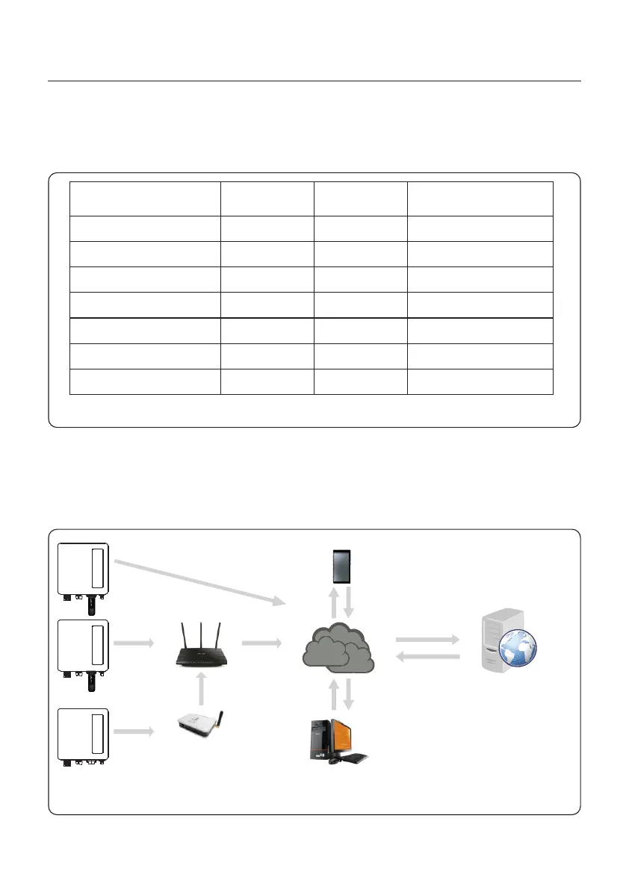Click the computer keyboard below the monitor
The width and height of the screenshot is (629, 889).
351,758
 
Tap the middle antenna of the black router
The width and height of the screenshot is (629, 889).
202,633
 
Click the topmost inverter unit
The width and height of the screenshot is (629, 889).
83,569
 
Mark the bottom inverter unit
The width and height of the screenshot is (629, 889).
83,734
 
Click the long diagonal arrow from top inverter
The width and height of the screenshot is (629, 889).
202,581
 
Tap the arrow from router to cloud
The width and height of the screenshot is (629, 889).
261,642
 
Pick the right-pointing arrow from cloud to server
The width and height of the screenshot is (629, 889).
427,640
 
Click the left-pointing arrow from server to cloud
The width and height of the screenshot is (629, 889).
427,656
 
